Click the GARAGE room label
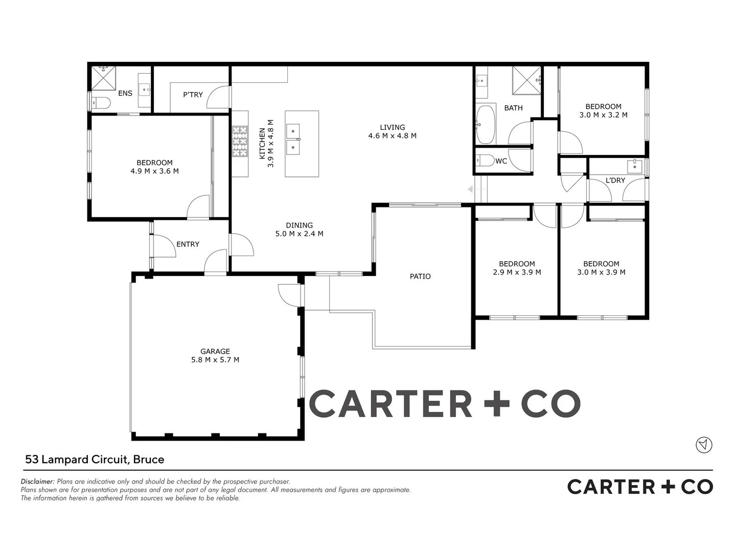pos(215,351)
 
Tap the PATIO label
pos(420,277)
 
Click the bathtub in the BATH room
pos(485,124)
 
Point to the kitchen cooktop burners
pos(239,141)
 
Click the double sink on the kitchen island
pos(293,139)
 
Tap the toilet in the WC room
pos(485,161)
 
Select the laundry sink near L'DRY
pos(634,166)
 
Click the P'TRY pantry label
pos(193,95)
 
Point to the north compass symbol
pos(704,445)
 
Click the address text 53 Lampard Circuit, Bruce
pos(95,459)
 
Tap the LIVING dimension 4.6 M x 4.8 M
pos(392,136)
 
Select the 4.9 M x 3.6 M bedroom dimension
pos(154,171)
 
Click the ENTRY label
pos(188,244)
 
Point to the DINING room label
pos(299,225)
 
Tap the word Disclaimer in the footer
pos(37,481)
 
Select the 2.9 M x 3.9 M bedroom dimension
pos(517,272)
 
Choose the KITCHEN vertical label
pos(262,144)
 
